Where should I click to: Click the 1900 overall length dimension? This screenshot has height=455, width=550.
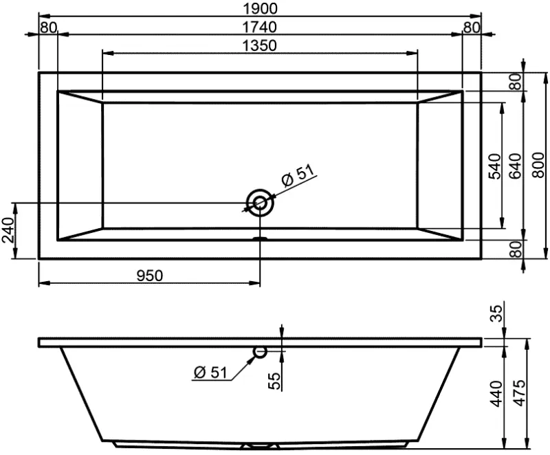259,8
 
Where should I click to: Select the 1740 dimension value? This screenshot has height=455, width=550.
259,27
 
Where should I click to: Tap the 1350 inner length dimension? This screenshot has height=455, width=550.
259,45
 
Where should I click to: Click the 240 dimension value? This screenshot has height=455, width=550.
8,230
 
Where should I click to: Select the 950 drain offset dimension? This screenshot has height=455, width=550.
149,276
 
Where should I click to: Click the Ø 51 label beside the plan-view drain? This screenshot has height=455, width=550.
297,177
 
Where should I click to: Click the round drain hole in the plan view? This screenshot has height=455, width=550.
260,203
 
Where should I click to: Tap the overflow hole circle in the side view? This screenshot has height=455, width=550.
260,353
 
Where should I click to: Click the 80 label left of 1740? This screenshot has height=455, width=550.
48,27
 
